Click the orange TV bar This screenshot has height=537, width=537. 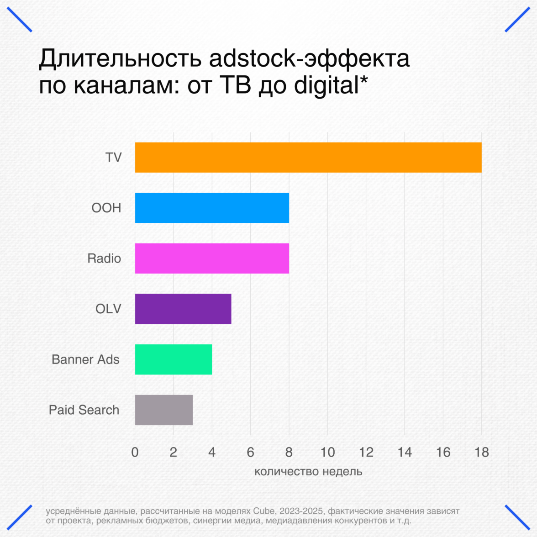308,158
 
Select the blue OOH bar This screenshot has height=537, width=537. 212,208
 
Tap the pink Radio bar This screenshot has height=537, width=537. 212,258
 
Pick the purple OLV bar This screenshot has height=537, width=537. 183,309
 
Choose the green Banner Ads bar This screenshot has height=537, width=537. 174,359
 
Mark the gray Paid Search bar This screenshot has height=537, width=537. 164,410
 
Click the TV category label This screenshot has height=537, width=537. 114,158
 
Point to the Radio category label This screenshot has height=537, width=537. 104,258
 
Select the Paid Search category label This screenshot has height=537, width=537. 84,410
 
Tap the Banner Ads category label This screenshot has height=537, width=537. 85,359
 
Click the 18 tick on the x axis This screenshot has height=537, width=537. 482,452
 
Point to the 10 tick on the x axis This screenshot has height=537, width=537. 327,452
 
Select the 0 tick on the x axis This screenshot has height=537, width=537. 135,452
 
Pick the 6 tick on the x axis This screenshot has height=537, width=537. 250,452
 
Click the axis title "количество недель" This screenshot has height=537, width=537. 308,471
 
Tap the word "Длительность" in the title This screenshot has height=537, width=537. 121,59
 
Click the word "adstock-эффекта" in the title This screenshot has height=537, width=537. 309,59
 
